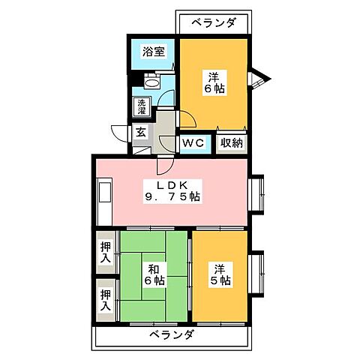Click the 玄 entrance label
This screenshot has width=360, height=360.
click(x=140, y=133)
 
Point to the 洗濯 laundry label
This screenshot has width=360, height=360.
click(x=140, y=107)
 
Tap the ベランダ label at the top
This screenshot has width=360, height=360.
click(x=214, y=22)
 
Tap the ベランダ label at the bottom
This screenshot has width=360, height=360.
click(x=171, y=334)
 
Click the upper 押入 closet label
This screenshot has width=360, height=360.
click(x=105, y=250)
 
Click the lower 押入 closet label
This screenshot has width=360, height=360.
click(x=105, y=301)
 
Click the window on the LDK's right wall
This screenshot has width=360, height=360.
click(x=258, y=193)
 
